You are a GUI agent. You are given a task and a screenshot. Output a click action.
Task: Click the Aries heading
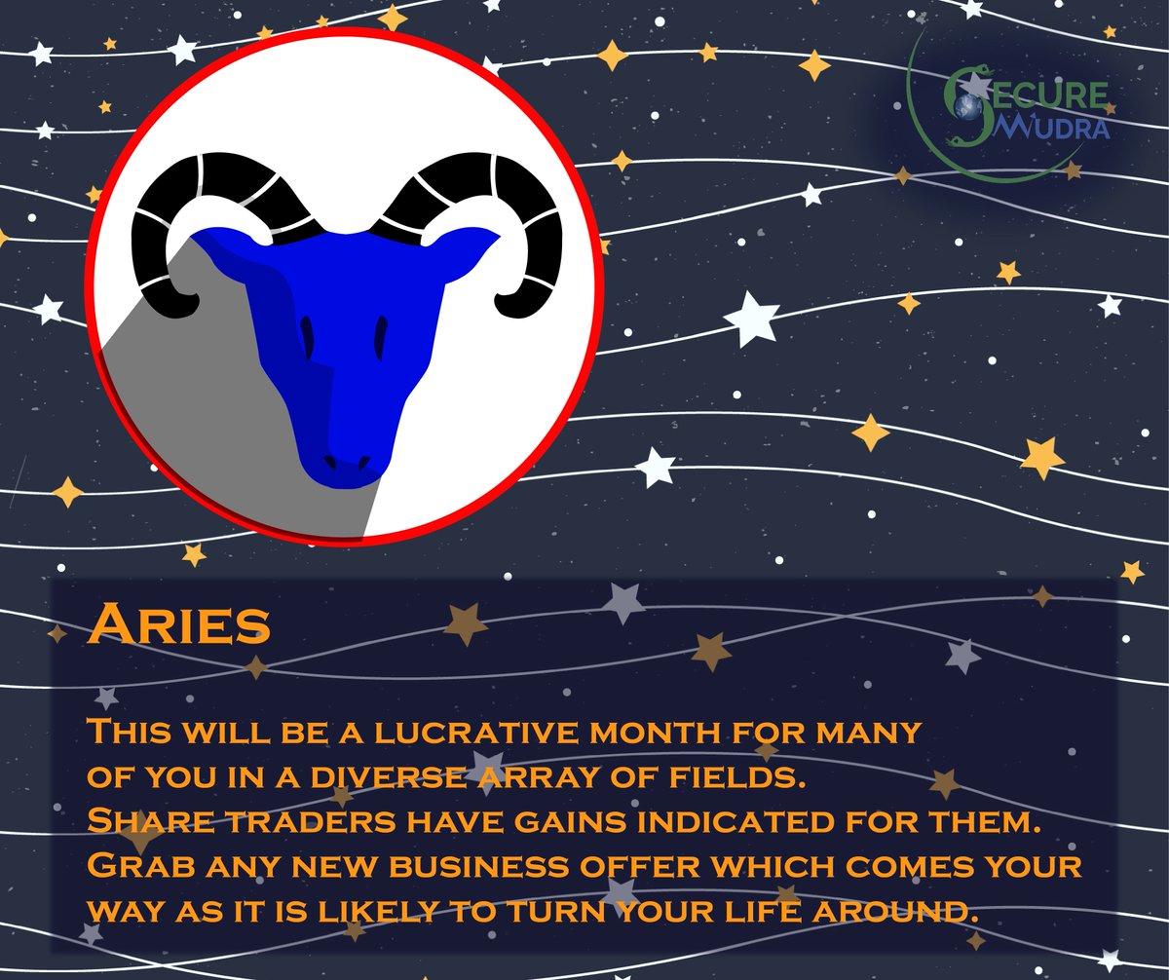(178, 624)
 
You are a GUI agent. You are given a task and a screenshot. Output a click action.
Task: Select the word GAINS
(550, 821)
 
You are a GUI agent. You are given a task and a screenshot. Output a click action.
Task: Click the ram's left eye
(308, 336)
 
